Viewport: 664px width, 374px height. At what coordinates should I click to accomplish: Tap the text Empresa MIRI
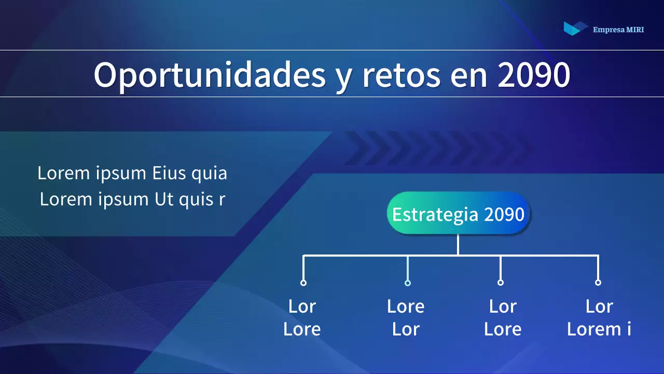coord(618,30)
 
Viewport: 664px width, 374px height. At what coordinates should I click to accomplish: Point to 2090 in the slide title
coord(534,75)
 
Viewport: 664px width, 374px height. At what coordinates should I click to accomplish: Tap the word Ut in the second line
coord(164,199)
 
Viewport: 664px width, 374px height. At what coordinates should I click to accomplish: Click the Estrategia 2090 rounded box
coord(458,213)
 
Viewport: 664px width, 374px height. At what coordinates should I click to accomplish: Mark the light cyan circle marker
coord(408,283)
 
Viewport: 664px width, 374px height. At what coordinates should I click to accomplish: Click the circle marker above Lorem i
coord(598,283)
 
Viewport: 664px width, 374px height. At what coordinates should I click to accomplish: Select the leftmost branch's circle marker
coord(303,283)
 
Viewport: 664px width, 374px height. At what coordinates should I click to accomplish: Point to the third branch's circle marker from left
coord(501,283)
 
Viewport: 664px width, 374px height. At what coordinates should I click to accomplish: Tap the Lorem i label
coord(599,329)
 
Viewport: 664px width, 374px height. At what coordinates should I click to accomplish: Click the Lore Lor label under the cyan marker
coord(406,317)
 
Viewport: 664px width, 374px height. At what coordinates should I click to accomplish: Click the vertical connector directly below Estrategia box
coord(458,245)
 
